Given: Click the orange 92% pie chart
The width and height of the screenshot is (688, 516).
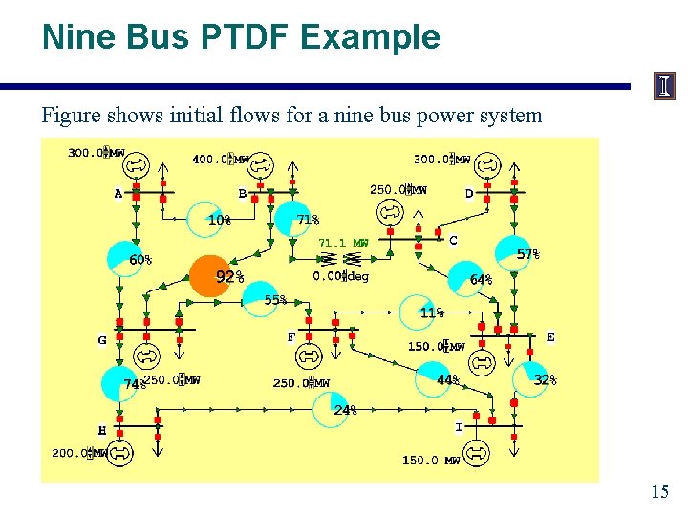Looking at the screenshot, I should [x=211, y=276].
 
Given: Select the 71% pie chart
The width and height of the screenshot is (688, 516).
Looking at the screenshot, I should [x=293, y=219].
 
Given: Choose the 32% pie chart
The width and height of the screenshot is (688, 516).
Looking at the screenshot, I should [x=531, y=378].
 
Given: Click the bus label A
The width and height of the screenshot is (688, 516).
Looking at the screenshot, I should [x=118, y=194].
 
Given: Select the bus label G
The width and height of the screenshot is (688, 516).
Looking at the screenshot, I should [x=102, y=340].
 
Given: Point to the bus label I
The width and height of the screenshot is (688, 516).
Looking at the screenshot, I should [x=459, y=426].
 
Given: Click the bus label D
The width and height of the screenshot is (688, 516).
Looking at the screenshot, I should [x=469, y=194].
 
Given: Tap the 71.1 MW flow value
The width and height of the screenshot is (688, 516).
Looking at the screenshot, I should [x=343, y=243].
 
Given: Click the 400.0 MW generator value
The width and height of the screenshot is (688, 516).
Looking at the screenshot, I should [x=221, y=160].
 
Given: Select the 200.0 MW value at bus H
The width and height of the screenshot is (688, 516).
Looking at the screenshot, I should [x=79, y=453].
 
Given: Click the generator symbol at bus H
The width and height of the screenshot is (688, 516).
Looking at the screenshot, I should [x=121, y=453].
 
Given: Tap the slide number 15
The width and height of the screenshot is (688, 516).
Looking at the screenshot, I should [x=659, y=492].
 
